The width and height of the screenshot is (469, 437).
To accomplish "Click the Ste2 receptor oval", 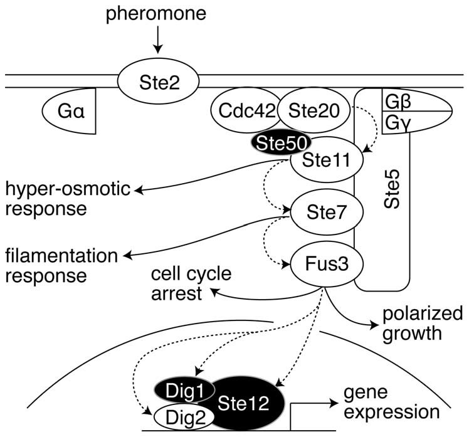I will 158,82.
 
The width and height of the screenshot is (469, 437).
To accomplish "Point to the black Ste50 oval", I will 277,144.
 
